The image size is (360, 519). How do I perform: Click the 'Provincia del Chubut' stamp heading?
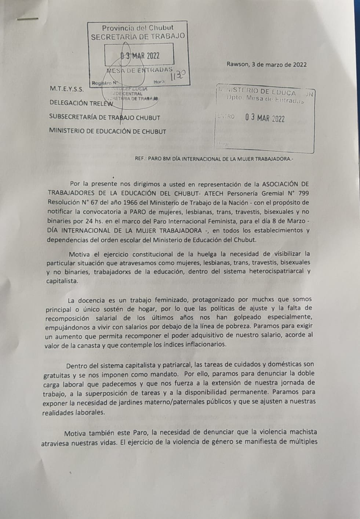tap(138, 28)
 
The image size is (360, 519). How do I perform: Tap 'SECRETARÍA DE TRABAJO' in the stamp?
tap(138, 37)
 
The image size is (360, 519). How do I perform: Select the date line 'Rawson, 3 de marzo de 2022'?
tap(266, 65)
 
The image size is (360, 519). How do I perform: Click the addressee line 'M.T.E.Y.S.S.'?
tap(66, 89)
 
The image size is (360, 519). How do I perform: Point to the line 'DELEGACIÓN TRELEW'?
tap(81, 103)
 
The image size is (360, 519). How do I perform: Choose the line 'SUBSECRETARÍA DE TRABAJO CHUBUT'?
tap(105, 118)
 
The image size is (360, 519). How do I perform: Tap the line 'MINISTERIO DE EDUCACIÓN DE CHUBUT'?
tap(108, 131)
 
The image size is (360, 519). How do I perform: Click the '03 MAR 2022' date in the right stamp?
tap(265, 118)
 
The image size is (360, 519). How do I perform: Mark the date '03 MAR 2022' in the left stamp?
tap(140, 56)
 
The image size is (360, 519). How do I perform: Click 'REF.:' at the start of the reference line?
tap(142, 159)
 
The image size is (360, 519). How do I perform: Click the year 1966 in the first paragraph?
tap(112, 202)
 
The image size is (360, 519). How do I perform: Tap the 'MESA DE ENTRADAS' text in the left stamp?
tap(139, 70)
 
